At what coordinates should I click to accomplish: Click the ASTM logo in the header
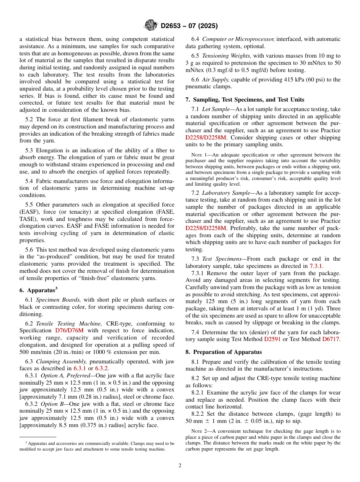pos(150,26)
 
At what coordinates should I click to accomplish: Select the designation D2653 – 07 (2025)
pos(189,26)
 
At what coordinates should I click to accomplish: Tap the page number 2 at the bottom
pos(180,466)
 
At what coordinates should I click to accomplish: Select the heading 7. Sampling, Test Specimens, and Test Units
pos(244,100)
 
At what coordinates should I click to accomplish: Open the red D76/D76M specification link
pos(71,330)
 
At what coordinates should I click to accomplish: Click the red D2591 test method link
pos(272,339)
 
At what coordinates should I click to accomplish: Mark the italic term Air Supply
pos(216,79)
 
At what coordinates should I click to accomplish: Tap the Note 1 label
pos(199,155)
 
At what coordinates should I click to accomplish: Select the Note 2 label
pos(199,431)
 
